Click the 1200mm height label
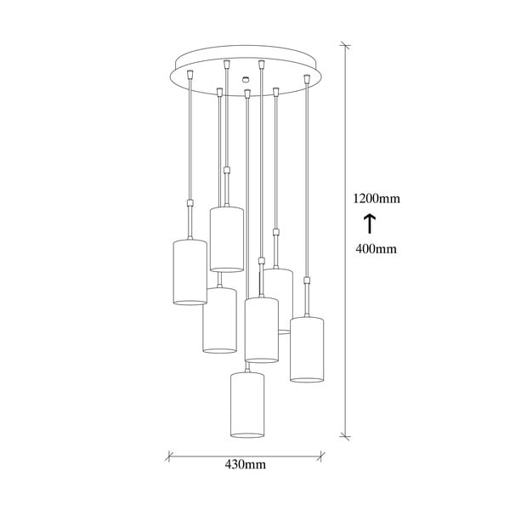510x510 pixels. pos(377,199)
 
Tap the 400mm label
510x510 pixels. pos(377,248)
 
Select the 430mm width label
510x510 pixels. pos(246,464)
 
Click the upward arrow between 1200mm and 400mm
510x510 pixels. pos(370,224)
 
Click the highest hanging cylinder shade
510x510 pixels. pos(226,238)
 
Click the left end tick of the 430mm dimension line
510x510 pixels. pos(168,455)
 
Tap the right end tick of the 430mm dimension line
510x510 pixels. pos(324,455)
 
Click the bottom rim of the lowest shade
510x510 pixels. pos(247,436)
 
